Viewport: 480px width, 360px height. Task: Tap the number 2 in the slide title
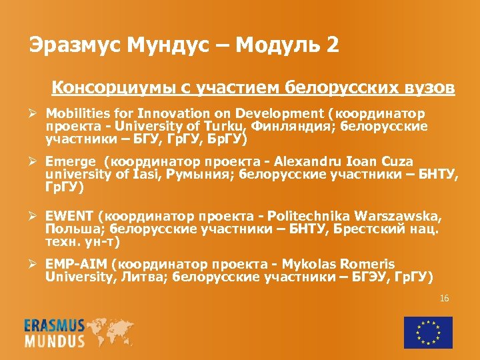tap(332, 45)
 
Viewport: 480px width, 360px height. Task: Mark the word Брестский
tap(371, 230)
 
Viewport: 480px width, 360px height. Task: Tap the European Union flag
tap(427, 332)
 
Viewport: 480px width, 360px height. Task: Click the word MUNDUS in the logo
tap(55, 341)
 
